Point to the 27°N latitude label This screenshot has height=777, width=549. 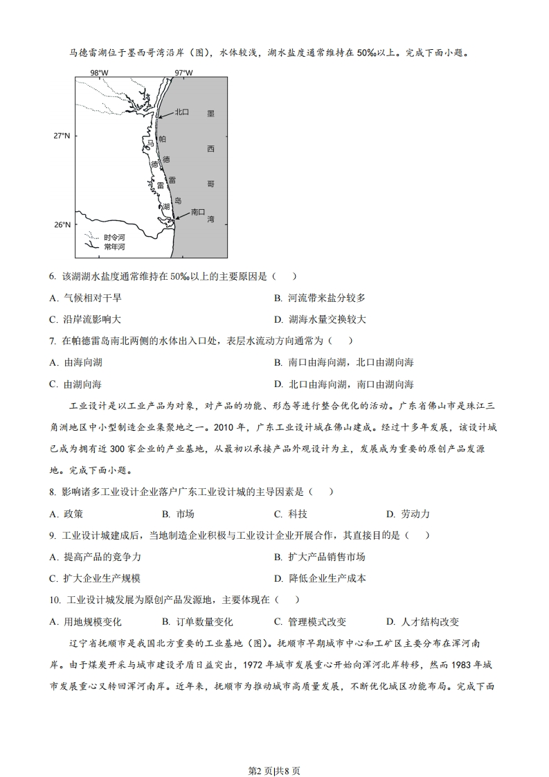[62, 136]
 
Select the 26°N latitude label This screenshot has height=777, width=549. [62, 224]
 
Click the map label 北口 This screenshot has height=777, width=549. [182, 112]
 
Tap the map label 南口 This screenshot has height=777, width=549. [198, 212]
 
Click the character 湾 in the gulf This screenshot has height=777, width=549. [210, 219]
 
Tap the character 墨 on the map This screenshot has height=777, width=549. [210, 113]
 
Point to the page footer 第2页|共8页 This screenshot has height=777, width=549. [274, 752]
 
